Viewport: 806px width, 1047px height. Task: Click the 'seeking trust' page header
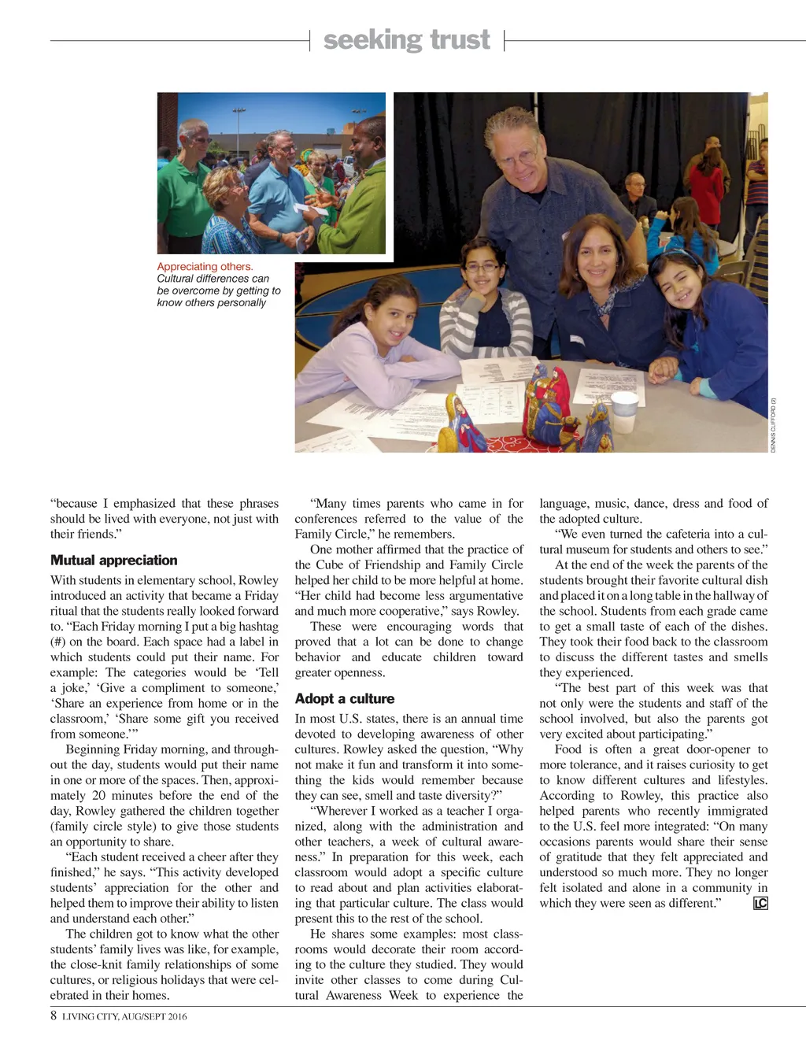406,39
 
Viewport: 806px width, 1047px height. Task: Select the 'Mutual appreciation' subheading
113,560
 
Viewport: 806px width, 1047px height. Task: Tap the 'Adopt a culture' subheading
344,698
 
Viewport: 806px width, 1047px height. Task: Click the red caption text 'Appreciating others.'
205,267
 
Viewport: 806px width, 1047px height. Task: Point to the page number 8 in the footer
54,1016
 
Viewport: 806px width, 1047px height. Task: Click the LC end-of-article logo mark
760,903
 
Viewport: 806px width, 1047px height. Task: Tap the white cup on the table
623,412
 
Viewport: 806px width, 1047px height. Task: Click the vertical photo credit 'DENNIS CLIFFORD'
774,425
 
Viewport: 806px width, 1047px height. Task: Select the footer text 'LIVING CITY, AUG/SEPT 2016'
124,1016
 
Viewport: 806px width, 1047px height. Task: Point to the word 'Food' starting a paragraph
568,749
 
